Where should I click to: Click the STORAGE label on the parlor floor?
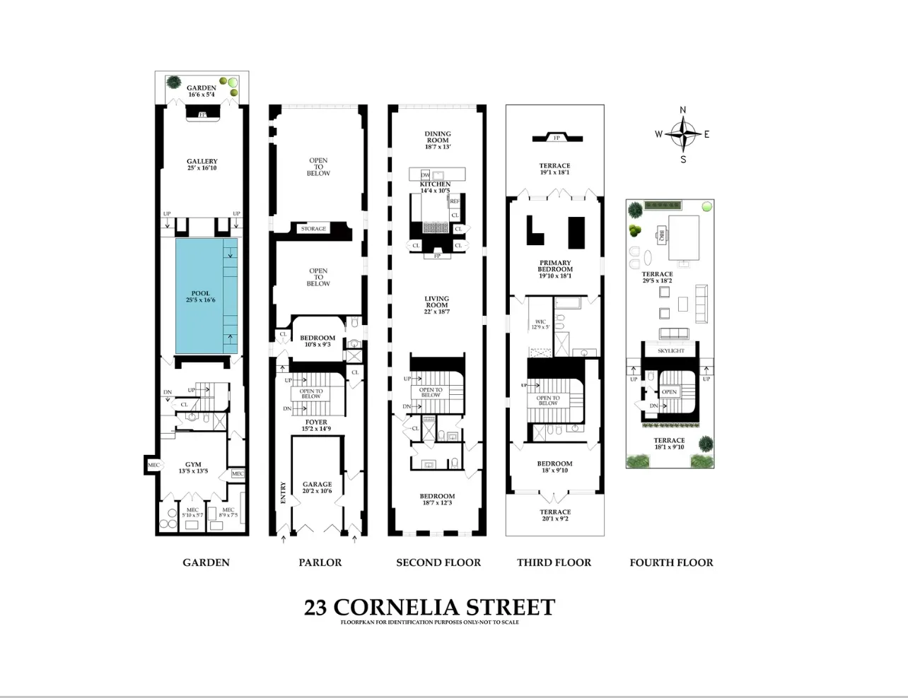[x=313, y=229]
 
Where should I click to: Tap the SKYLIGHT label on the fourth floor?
[x=670, y=351]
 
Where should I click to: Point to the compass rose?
[x=682, y=134]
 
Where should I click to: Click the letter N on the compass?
[x=682, y=110]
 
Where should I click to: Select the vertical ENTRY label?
[x=283, y=492]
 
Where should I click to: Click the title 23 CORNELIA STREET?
[x=429, y=608]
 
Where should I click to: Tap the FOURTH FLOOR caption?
[x=671, y=562]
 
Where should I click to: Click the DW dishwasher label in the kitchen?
[x=425, y=174]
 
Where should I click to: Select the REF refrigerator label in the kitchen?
[x=455, y=201]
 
